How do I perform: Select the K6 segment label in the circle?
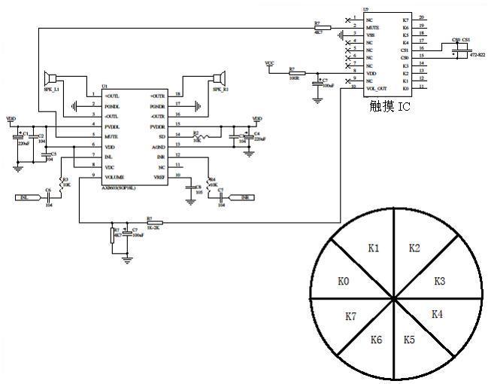pyautogui.click(x=376, y=340)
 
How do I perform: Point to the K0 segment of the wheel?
pyautogui.click(x=343, y=281)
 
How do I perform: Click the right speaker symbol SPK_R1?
pyautogui.click(x=219, y=78)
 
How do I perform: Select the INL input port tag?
pyautogui.click(x=26, y=197)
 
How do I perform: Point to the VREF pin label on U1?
pyautogui.click(x=159, y=176)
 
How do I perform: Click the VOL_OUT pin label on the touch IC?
pyautogui.click(x=376, y=87)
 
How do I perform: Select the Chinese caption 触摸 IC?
pyautogui.click(x=391, y=106)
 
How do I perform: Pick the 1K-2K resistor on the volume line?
pyautogui.click(x=153, y=223)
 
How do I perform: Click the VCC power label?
pyautogui.click(x=270, y=63)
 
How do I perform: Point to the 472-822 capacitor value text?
pyautogui.click(x=477, y=55)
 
